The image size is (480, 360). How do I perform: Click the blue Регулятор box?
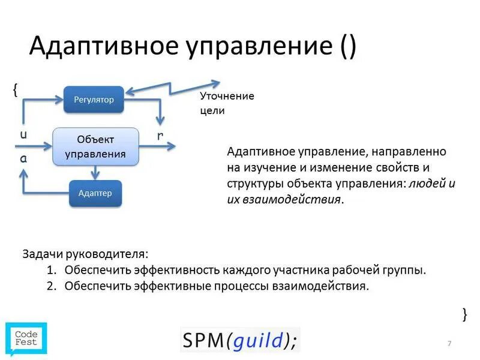(94, 100)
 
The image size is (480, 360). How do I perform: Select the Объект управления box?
(96, 146)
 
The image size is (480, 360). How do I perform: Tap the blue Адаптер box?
(95, 193)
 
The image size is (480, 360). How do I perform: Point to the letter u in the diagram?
(23, 135)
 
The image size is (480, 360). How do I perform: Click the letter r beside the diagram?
(160, 136)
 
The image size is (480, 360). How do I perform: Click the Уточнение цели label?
(227, 103)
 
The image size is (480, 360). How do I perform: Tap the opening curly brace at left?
(15, 89)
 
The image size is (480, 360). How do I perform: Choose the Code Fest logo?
(26, 338)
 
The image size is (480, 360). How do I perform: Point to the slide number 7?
(449, 343)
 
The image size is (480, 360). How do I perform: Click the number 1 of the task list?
(52, 270)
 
